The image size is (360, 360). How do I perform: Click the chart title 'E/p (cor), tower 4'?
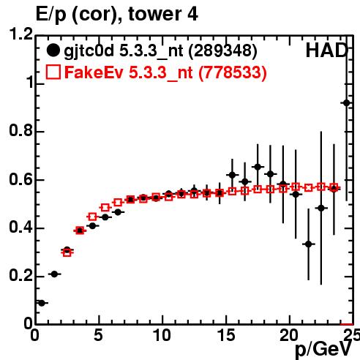(x=117, y=15)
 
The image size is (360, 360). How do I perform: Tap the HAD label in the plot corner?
(x=326, y=50)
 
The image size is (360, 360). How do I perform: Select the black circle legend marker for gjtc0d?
(x=53, y=50)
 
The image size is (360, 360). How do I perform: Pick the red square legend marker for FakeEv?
(x=53, y=72)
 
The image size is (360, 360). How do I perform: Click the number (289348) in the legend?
(x=223, y=51)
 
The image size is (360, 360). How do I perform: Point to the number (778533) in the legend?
(x=233, y=72)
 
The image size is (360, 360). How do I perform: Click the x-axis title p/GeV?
(x=323, y=349)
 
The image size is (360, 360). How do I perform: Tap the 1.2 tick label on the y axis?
(x=21, y=34)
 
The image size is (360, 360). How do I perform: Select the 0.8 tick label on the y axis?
(x=21, y=131)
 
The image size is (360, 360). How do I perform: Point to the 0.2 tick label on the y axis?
(x=21, y=276)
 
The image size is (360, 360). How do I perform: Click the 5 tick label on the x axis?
(x=98, y=335)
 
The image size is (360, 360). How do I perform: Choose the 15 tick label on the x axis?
(x=227, y=335)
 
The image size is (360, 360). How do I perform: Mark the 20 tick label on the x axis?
(x=289, y=335)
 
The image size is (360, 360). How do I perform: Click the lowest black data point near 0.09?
(x=42, y=303)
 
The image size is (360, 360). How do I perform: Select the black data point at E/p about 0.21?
(x=54, y=274)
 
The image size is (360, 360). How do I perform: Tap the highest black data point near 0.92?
(x=346, y=103)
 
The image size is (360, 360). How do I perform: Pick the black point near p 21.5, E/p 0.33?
(x=309, y=244)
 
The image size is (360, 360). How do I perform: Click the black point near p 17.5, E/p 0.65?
(x=258, y=167)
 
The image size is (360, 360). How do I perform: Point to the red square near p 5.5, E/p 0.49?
(x=105, y=208)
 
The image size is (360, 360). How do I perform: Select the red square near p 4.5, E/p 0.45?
(x=92, y=217)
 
